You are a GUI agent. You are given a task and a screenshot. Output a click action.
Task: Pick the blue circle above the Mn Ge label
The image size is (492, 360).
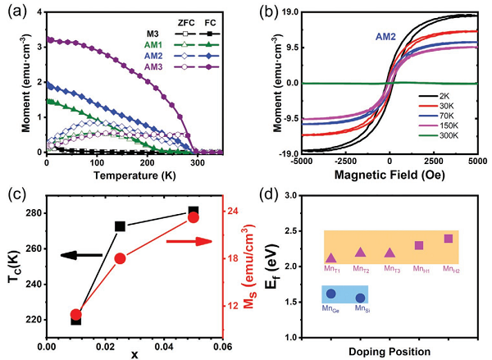tap(331, 294)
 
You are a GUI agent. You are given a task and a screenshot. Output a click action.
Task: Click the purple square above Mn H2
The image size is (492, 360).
tap(449, 239)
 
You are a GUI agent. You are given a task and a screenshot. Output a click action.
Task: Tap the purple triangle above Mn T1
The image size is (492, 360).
tap(331, 257)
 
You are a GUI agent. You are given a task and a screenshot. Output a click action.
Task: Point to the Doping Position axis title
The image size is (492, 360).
tap(388, 352)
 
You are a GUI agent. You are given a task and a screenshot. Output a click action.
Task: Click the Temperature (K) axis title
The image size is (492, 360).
tap(134, 175)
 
